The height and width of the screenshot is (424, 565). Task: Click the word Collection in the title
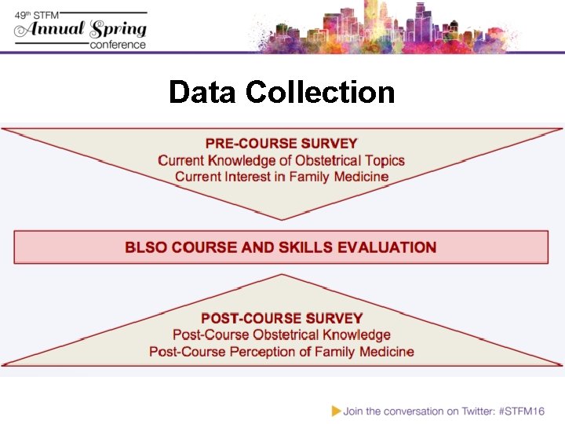[x=320, y=93]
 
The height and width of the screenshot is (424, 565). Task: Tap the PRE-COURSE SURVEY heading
[x=281, y=144]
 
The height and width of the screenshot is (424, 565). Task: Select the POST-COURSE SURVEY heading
[x=282, y=318]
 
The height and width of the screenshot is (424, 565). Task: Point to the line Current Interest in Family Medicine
[x=282, y=177]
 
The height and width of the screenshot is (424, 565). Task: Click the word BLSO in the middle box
[x=146, y=247]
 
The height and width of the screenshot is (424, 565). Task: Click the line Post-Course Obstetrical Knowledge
[x=282, y=335]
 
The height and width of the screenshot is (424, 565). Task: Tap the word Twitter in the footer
[x=468, y=410]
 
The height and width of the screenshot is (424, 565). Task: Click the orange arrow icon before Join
[x=336, y=410]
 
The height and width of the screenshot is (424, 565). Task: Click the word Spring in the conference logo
[x=118, y=29]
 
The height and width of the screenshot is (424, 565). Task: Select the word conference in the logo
[x=118, y=45]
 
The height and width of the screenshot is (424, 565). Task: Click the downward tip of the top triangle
[x=282, y=218]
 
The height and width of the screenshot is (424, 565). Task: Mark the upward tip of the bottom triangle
[x=282, y=275]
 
